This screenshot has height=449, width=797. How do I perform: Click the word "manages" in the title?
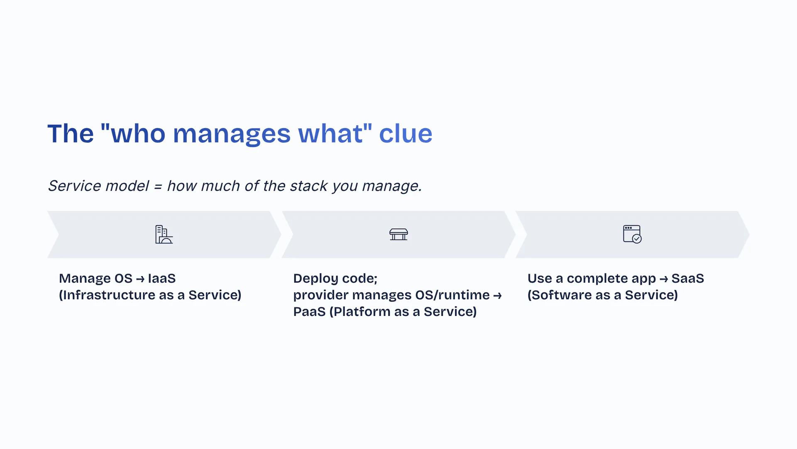point(232,134)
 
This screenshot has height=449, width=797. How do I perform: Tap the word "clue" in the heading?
point(406,133)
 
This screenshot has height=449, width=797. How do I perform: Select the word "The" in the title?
point(71,133)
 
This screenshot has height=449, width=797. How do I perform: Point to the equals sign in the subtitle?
point(158,187)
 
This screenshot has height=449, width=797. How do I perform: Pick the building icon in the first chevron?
point(164,234)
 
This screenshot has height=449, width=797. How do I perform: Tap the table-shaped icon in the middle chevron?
point(398,234)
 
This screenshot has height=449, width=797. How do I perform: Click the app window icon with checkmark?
point(632,234)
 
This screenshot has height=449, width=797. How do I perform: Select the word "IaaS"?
point(162,278)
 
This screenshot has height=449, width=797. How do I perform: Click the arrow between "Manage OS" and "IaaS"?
point(140,279)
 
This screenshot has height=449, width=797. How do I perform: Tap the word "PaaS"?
point(309,311)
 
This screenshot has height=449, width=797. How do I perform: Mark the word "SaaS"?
point(688,278)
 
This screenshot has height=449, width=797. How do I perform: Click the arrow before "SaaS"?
point(664,279)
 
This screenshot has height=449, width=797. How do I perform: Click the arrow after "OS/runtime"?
point(497,296)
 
